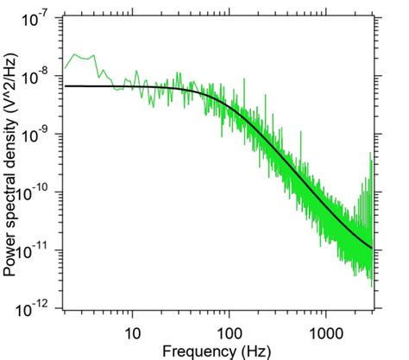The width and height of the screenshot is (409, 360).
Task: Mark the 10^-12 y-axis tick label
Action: click(38, 308)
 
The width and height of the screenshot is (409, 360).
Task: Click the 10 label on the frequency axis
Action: click(133, 332)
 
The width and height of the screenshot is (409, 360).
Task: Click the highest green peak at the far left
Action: click(80, 54)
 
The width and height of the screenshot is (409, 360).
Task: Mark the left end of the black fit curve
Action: click(66, 86)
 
